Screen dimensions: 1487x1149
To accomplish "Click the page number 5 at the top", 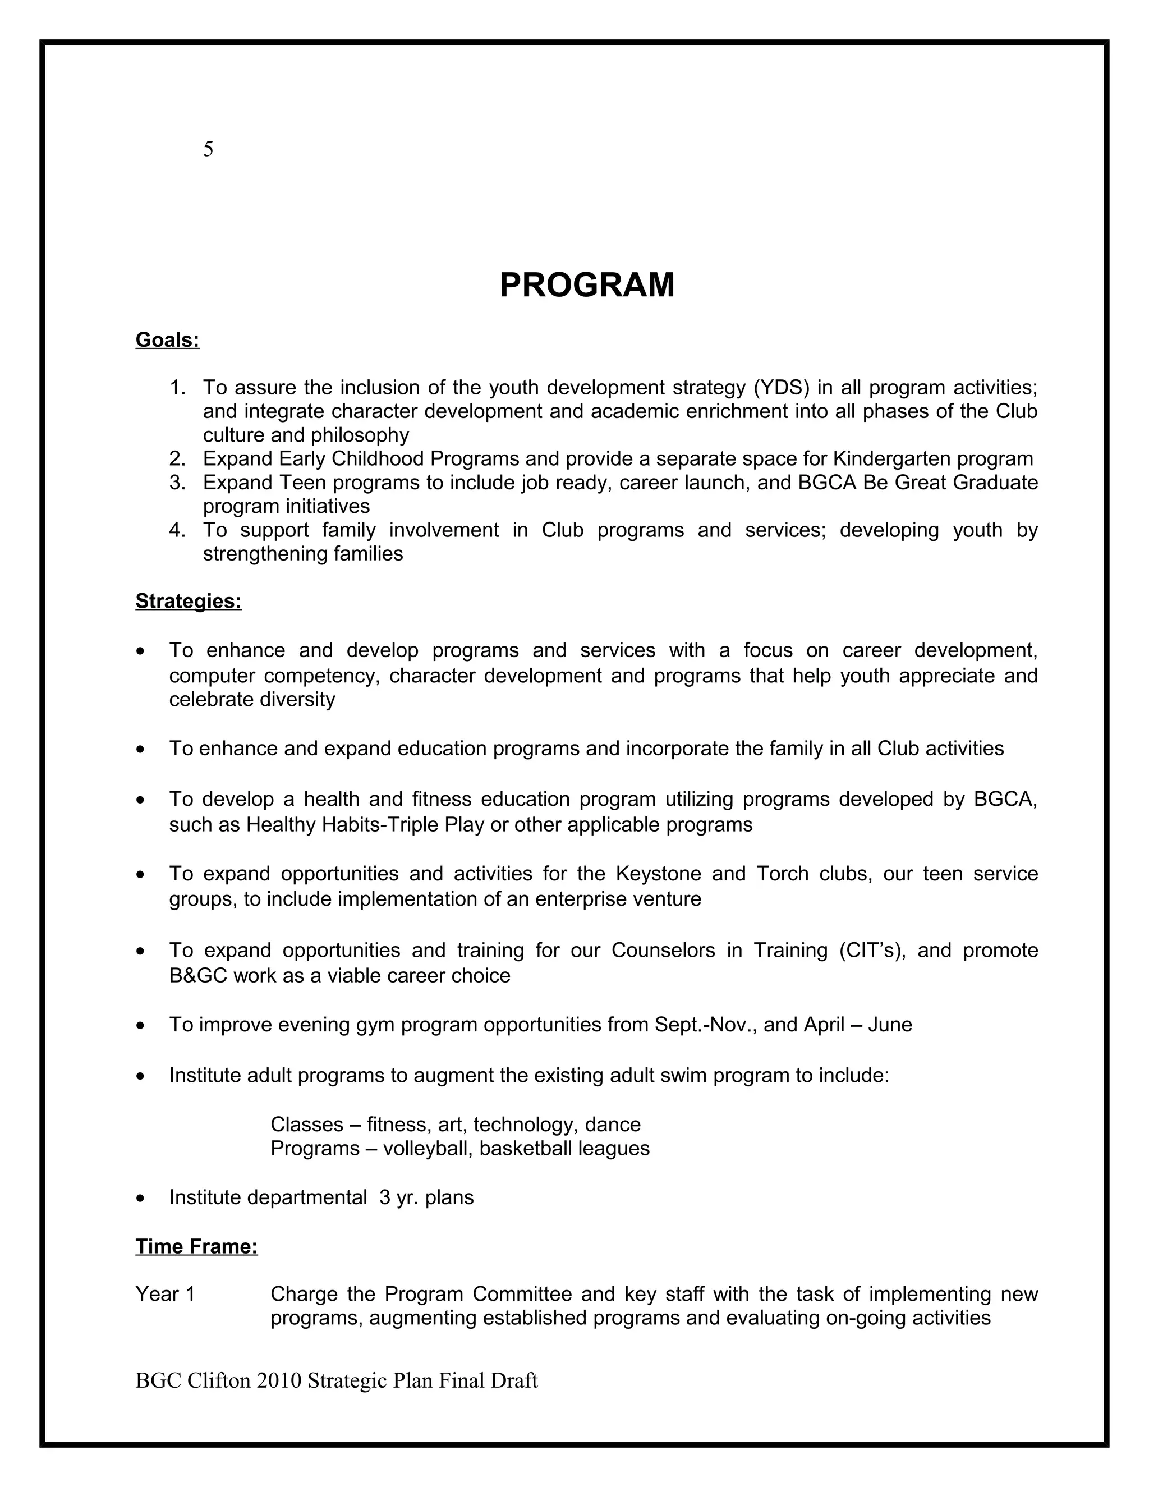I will pyautogui.click(x=208, y=149).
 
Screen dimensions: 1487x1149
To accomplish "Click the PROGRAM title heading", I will pyautogui.click(x=587, y=284).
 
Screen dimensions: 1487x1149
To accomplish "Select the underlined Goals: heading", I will pyautogui.click(x=167, y=339).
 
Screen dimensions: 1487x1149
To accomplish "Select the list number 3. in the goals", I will pyautogui.click(x=178, y=483).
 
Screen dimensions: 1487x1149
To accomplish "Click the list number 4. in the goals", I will pyautogui.click(x=178, y=530).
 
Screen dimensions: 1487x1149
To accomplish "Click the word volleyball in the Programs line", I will pyautogui.click(x=428, y=1149).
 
